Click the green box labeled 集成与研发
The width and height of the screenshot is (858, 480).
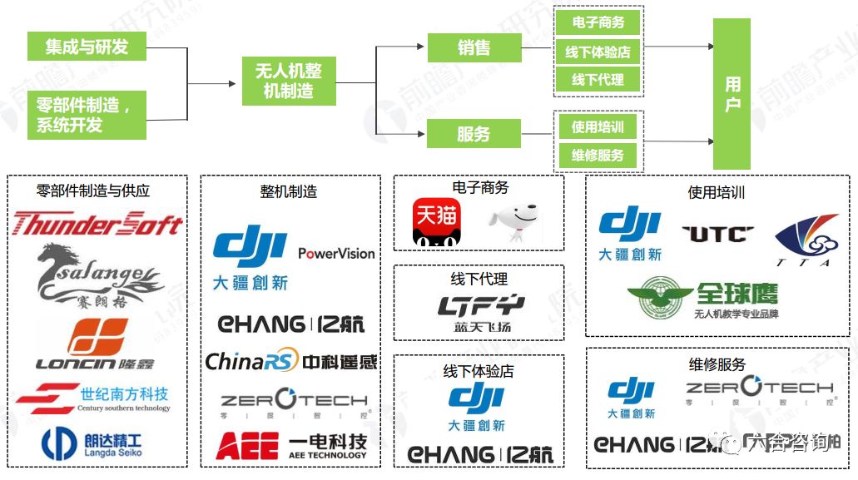(87, 46)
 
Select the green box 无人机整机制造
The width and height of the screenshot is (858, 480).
(289, 82)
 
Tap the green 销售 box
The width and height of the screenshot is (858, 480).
(474, 47)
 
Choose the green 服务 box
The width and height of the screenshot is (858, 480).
(474, 133)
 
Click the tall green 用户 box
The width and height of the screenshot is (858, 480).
(732, 95)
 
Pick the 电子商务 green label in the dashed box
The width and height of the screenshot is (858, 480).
(598, 22)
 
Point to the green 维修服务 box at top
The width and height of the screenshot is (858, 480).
(598, 156)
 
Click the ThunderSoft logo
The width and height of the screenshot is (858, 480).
(97, 224)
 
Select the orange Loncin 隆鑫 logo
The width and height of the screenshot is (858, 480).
(97, 344)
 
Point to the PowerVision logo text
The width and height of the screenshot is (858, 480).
(336, 253)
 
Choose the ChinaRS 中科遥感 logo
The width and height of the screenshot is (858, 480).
(290, 361)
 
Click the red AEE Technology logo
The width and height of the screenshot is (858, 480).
(290, 446)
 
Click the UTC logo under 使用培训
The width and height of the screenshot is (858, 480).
(718, 234)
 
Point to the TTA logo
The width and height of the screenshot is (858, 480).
(806, 240)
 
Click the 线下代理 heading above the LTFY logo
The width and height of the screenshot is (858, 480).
(479, 280)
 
